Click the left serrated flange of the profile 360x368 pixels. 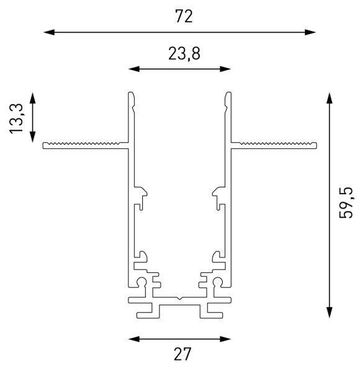tap(84, 145)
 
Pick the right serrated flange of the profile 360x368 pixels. tap(276, 145)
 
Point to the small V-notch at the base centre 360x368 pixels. tap(179, 299)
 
